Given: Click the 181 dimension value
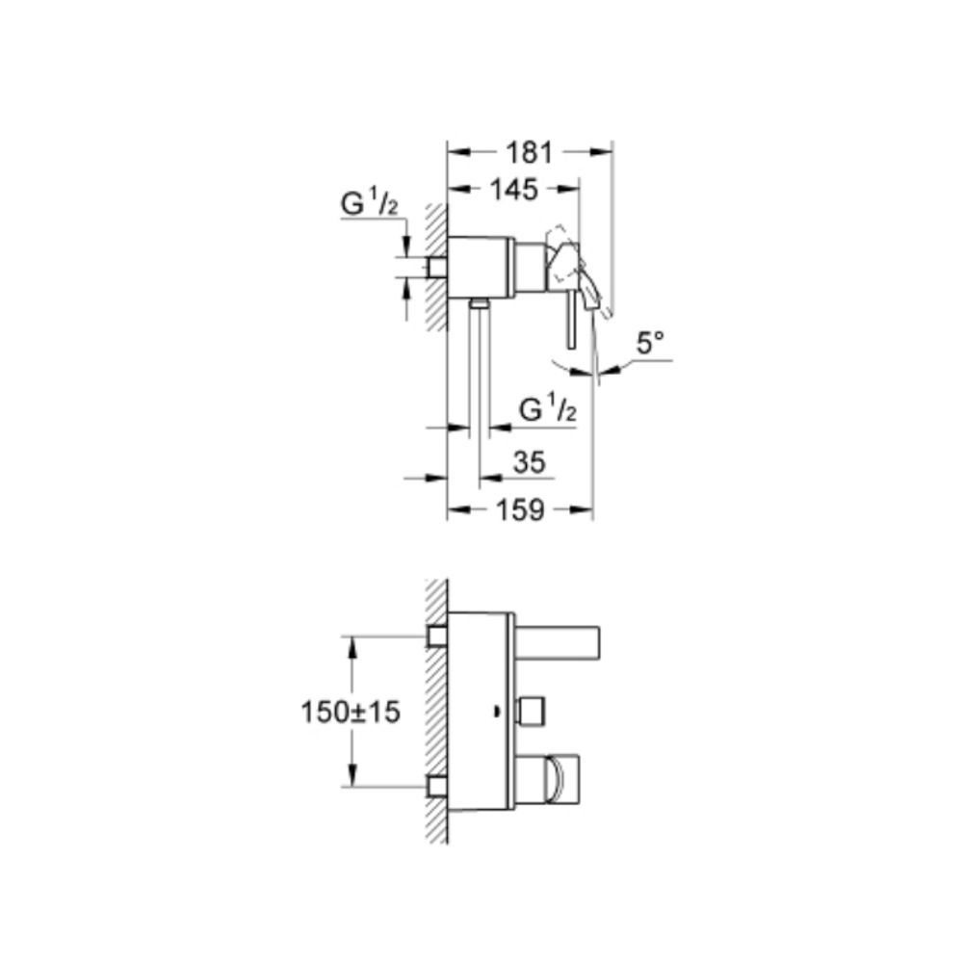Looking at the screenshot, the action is point(529,152).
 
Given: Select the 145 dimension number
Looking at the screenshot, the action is point(513,190).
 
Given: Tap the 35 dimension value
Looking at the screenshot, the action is point(529,462).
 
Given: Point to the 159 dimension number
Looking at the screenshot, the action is point(520,509).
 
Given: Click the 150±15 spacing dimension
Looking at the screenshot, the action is point(351,713).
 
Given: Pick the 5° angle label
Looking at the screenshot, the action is point(650,343).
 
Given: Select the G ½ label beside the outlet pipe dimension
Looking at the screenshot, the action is point(548,409).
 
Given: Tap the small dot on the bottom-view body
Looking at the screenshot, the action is point(496,713).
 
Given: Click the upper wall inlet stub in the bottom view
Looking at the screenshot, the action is point(437,637).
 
